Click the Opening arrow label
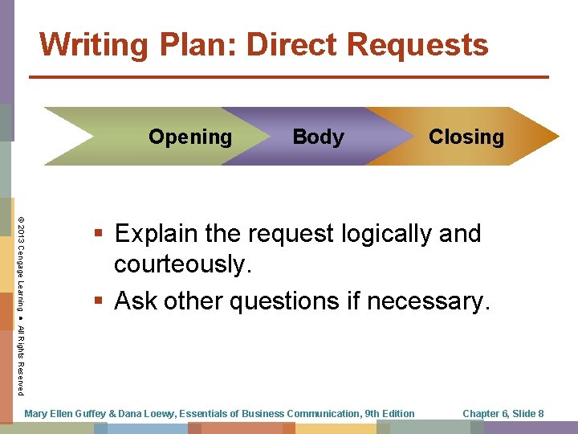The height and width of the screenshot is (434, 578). click(x=190, y=137)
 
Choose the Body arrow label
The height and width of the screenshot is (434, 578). click(x=318, y=137)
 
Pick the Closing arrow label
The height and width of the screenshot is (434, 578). click(x=466, y=137)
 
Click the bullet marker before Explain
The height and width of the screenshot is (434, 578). click(x=98, y=235)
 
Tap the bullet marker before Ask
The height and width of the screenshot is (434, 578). click(x=98, y=301)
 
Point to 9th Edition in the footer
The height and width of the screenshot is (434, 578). click(x=389, y=414)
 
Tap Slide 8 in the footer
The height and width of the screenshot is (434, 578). click(x=529, y=414)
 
